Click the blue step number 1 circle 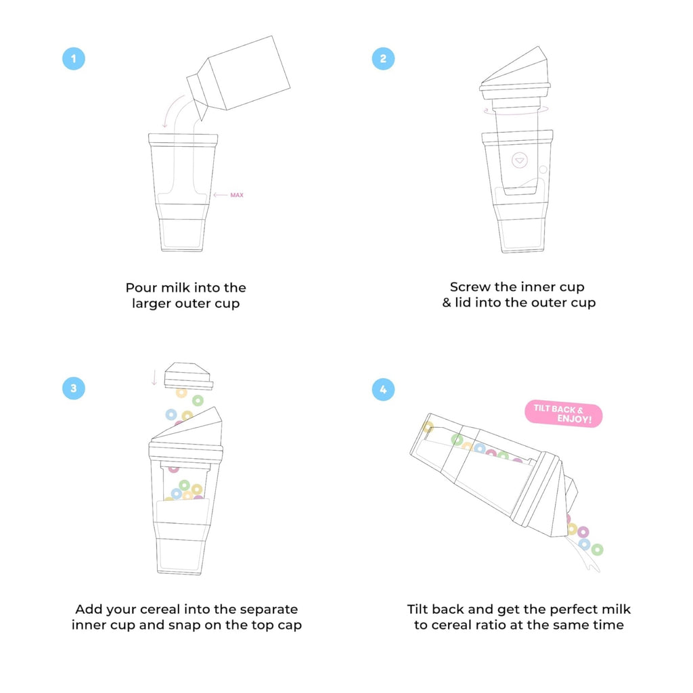click(x=73, y=58)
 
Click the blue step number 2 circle click(x=383, y=58)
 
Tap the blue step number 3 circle click(x=73, y=388)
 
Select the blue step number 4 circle click(x=383, y=389)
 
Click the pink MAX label click(x=236, y=195)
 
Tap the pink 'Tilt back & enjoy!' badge click(x=563, y=415)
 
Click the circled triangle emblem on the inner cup click(x=519, y=161)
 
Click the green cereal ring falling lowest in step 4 click(x=597, y=550)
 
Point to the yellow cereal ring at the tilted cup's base click(x=427, y=427)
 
